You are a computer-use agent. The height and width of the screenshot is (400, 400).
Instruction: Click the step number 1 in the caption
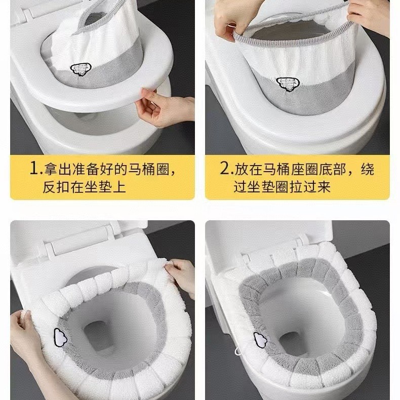coord(34,169)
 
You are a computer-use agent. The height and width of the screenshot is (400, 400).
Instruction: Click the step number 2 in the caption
coord(225,169)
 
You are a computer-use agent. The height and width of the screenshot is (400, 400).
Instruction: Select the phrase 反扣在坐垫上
coord(84,187)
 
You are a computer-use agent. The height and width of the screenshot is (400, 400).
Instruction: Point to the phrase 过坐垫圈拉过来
coord(282,187)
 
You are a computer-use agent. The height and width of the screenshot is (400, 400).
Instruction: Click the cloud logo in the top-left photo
coord(81,70)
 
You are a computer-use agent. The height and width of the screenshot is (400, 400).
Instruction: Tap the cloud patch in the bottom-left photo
coord(60,337)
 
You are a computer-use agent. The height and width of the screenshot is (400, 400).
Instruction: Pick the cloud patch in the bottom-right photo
coord(260,340)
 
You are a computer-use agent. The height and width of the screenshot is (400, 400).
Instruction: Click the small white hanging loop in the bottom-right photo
coord(238,351)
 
